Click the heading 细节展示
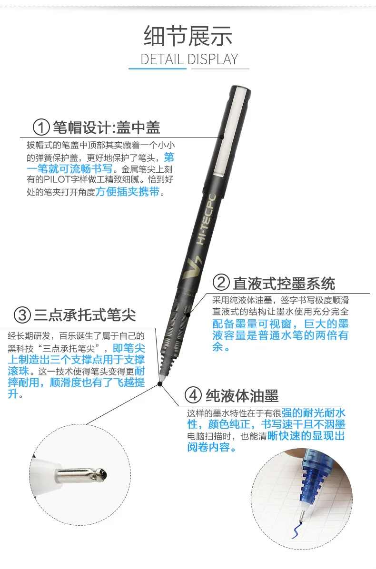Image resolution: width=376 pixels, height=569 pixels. pyautogui.click(x=188, y=36)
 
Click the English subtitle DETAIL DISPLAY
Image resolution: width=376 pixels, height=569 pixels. pyautogui.click(x=189, y=59)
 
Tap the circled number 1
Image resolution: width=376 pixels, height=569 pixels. pyautogui.click(x=41, y=128)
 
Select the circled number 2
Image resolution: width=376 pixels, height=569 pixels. pyautogui.click(x=221, y=283)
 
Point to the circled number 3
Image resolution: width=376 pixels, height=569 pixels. pyautogui.click(x=22, y=314)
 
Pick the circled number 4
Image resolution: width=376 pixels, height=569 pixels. pyautogui.click(x=193, y=395)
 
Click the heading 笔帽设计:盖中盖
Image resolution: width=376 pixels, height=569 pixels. pyautogui.click(x=106, y=128)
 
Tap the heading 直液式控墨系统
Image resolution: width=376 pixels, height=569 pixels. pyautogui.click(x=284, y=284)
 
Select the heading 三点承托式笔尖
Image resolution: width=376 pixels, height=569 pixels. pyautogui.click(x=85, y=315)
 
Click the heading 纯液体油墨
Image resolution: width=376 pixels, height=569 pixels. pyautogui.click(x=242, y=395)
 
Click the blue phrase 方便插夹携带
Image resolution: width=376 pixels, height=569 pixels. pyautogui.click(x=128, y=191)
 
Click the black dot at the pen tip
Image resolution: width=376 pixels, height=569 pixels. pyautogui.click(x=160, y=383)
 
